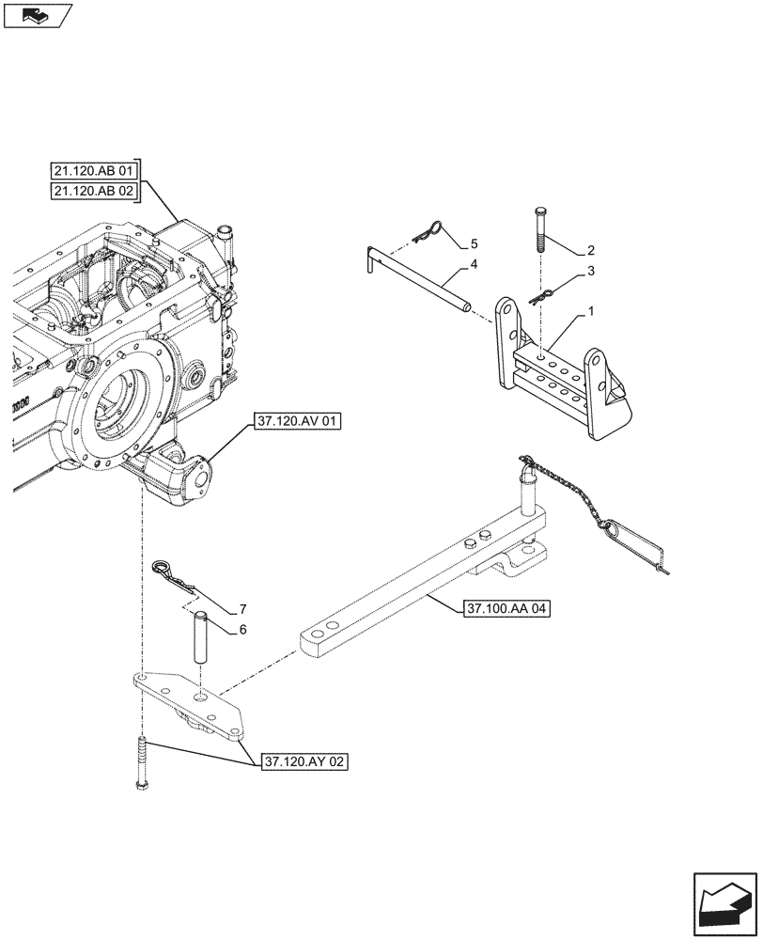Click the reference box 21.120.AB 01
pyautogui.click(x=94, y=171)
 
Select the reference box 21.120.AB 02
pyautogui.click(x=94, y=192)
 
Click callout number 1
pyautogui.click(x=590, y=309)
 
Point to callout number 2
pyautogui.click(x=590, y=250)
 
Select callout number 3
pyautogui.click(x=590, y=272)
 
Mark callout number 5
pyautogui.click(x=474, y=243)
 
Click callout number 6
pyautogui.click(x=242, y=629)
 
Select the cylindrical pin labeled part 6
pyautogui.click(x=200, y=636)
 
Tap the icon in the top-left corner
pyautogui.click(x=37, y=14)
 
